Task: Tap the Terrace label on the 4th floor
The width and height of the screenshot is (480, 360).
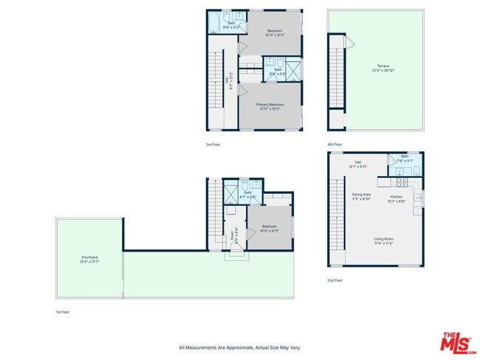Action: [383, 67]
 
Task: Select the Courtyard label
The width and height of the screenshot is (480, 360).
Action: [89, 259]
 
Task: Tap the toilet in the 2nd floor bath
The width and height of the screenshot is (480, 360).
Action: [416, 170]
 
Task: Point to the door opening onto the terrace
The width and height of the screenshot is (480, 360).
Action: [352, 44]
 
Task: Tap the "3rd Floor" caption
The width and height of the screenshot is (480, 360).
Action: [213, 144]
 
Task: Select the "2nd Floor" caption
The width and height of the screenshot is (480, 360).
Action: [336, 280]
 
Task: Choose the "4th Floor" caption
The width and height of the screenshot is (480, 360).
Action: [335, 144]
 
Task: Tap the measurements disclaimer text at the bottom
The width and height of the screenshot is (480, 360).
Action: [239, 347]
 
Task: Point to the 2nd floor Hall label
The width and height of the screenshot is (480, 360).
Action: [357, 164]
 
